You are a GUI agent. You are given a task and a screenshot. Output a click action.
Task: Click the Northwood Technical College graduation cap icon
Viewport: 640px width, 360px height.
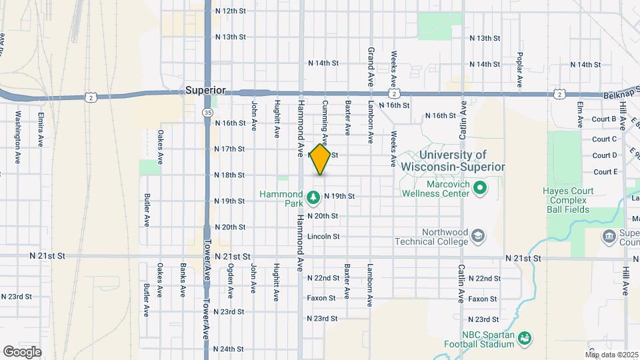[x=477, y=236]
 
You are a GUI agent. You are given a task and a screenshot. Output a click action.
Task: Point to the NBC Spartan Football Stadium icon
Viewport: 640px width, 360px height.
[x=525, y=339]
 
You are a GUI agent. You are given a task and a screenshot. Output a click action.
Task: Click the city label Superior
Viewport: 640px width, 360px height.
[x=205, y=90]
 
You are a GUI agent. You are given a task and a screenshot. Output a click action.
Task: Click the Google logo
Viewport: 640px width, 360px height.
[x=22, y=351]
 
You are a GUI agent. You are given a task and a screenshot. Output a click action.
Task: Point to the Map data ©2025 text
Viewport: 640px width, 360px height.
[x=611, y=354]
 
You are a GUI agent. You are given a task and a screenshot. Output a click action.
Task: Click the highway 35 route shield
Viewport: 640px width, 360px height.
[x=209, y=113]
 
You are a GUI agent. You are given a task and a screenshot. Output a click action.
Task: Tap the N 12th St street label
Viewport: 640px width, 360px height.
[x=231, y=11]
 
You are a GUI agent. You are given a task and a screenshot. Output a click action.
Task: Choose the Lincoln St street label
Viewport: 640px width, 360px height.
[x=323, y=236]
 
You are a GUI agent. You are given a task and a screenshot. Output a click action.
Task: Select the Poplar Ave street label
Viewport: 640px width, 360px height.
[x=520, y=70]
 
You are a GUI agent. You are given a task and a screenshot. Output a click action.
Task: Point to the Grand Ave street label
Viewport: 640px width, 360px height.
[x=371, y=67]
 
